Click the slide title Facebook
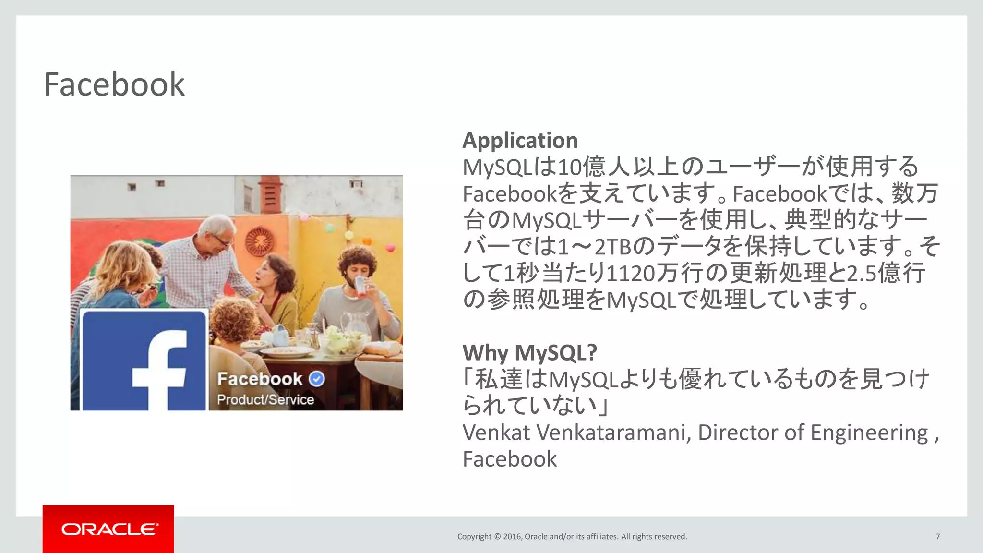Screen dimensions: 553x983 coord(114,84)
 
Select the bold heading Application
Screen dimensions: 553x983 coord(520,141)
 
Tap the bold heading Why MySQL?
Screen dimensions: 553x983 coord(530,353)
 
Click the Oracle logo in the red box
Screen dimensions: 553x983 coord(109,529)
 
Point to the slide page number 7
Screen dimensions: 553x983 coord(937,536)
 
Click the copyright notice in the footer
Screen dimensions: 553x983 coord(572,536)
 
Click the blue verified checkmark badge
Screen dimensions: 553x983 coord(317,379)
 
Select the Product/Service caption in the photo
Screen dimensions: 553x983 coord(265,399)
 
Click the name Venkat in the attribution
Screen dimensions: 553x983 coord(496,433)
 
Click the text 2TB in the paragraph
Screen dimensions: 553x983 coord(613,247)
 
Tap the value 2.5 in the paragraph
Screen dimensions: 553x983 coord(862,273)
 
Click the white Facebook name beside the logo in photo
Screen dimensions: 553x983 coord(260,379)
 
